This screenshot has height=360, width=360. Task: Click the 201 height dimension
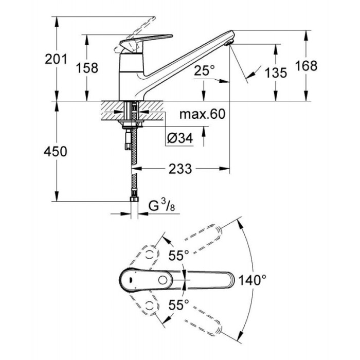[57, 59]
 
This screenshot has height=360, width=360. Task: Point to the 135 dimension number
[277, 73]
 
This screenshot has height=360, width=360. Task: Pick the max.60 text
[203, 114]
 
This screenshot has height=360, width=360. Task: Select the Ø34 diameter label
[180, 138]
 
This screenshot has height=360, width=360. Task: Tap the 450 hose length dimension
[57, 151]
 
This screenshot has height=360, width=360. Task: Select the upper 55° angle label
[179, 254]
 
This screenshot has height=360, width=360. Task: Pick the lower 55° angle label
[179, 304]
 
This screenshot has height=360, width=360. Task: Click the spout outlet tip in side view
[230, 42]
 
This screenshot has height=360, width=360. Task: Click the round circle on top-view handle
[164, 280]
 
